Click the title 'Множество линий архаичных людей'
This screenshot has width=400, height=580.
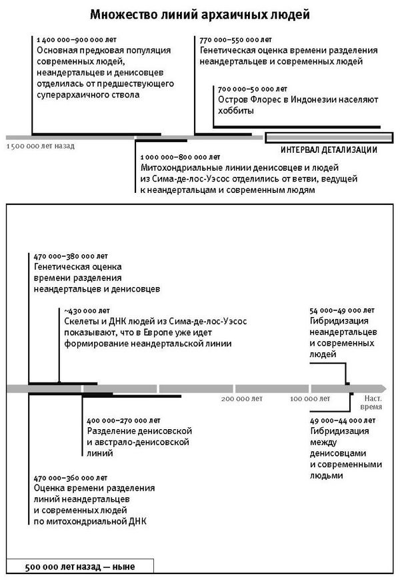(200, 14)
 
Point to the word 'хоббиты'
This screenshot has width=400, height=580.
(235, 111)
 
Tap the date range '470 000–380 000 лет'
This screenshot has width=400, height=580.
(70, 256)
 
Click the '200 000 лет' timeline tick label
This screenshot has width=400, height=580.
(242, 398)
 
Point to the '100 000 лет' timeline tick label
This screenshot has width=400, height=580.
(309, 398)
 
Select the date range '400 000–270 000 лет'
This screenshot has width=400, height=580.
(124, 421)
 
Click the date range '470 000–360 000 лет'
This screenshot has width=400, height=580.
(70, 478)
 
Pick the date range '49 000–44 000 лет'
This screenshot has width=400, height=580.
(342, 421)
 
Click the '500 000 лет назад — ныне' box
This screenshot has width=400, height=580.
(80, 567)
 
